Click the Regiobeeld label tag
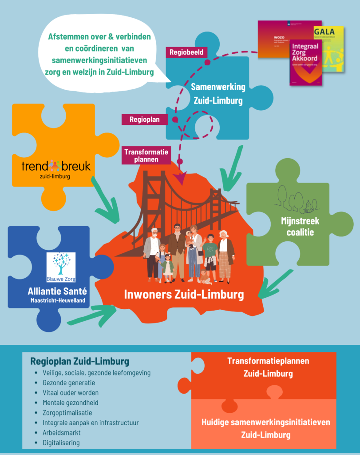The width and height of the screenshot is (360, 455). [186, 52]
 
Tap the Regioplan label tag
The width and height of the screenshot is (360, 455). [142, 119]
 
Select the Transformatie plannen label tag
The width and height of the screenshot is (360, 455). [146, 156]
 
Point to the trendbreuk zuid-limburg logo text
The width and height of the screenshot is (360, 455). [56, 168]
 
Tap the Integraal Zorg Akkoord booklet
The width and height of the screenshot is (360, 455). [305, 62]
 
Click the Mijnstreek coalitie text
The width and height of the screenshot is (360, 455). [300, 226]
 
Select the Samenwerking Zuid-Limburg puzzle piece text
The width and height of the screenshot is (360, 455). [218, 94]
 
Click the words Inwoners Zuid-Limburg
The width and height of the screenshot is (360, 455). [184, 294]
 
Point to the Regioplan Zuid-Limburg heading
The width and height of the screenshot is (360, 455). [80, 361]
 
